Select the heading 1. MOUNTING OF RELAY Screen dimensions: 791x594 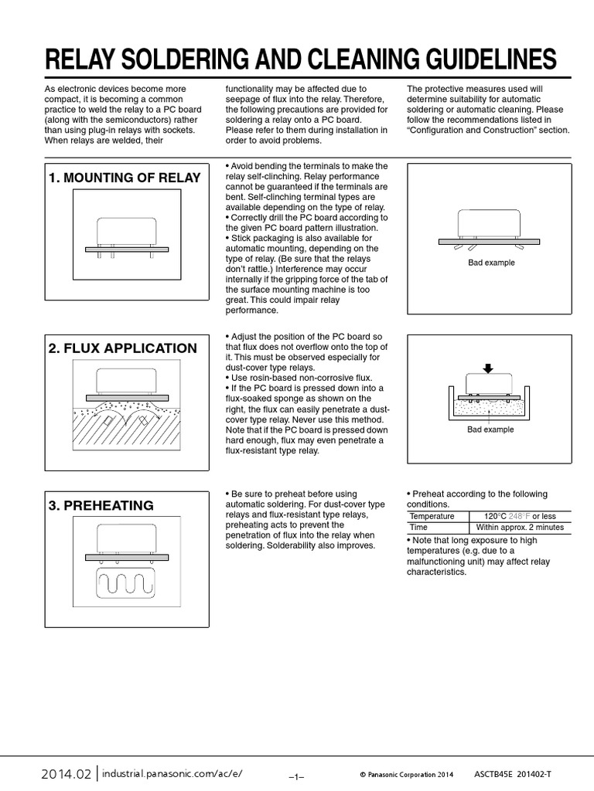point(125,178)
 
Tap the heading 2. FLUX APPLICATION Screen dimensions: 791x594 point(122,348)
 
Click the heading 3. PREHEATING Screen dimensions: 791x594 point(101,506)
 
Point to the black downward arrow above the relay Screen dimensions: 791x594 point(487,368)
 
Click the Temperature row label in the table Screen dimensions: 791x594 point(432,516)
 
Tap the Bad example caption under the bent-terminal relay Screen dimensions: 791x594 point(490,263)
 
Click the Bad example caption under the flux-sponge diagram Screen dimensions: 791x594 point(490,429)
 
